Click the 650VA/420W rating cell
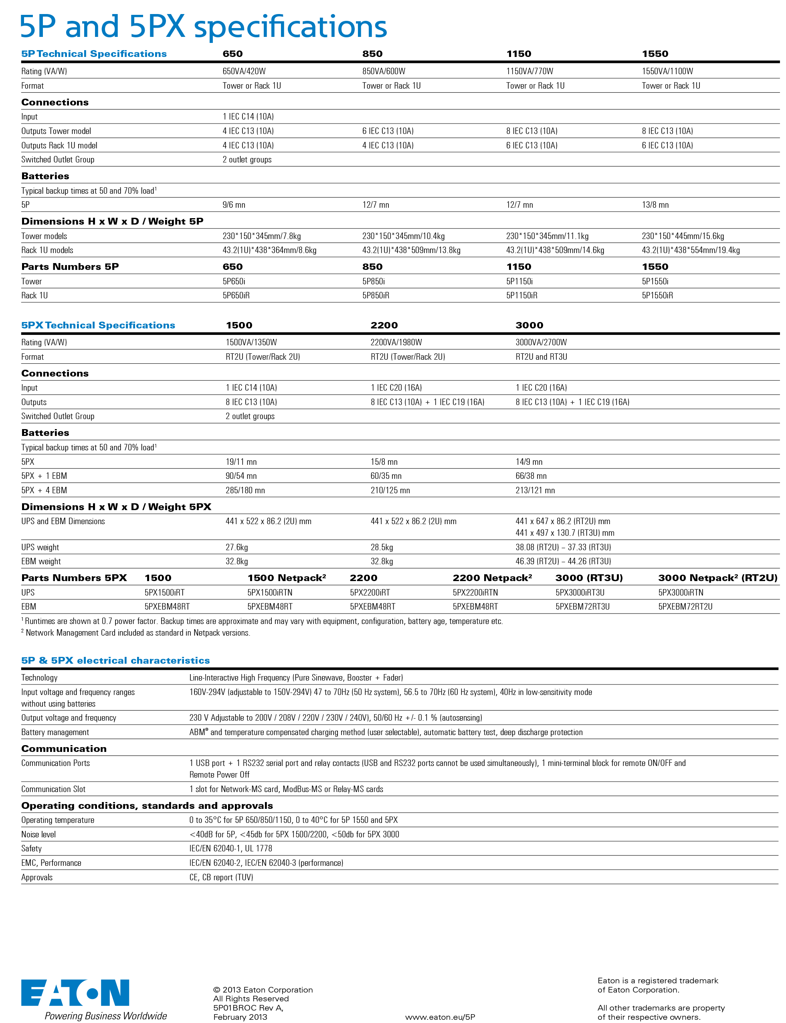pos(244,71)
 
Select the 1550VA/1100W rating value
pos(667,71)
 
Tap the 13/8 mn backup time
pos(655,205)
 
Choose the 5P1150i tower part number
pos(519,281)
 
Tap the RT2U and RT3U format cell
pos(542,357)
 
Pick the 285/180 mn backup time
pos(245,490)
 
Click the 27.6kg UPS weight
pos(237,547)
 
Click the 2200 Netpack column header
pos(492,578)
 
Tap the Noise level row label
pos(38,835)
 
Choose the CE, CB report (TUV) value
pos(221,877)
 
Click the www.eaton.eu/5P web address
pos(440,1017)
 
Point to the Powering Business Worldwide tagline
pos(106,1016)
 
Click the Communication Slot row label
pos(53,790)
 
